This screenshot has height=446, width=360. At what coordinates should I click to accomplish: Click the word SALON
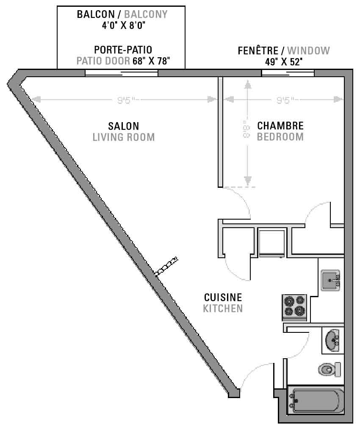pyautogui.click(x=124, y=126)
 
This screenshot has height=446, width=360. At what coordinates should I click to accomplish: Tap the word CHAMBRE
pyautogui.click(x=280, y=126)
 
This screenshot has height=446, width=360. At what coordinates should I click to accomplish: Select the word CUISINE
pyautogui.click(x=223, y=298)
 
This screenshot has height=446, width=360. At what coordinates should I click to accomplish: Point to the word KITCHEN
pyautogui.click(x=223, y=308)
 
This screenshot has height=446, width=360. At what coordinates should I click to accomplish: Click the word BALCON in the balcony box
pyautogui.click(x=96, y=14)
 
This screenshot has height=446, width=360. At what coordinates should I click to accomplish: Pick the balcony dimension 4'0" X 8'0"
pyautogui.click(x=124, y=25)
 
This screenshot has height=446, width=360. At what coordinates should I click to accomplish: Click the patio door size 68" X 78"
pyautogui.click(x=151, y=61)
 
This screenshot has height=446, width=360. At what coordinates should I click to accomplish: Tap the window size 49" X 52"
pyautogui.click(x=284, y=61)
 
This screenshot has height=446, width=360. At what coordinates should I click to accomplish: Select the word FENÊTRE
pyautogui.click(x=258, y=50)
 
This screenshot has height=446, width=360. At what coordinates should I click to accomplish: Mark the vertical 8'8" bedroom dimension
pyautogui.click(x=246, y=129)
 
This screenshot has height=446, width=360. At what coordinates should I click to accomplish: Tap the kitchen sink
pyautogui.click(x=330, y=280)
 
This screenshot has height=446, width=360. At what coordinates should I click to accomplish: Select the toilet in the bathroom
pyautogui.click(x=330, y=369)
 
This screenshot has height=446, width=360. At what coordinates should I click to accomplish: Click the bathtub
pyautogui.click(x=316, y=400)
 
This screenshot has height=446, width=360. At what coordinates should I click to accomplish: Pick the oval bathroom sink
pyautogui.click(x=332, y=340)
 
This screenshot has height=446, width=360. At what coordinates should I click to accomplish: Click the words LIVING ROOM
pyautogui.click(x=124, y=137)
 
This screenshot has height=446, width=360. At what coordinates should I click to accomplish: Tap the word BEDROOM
pyautogui.click(x=280, y=137)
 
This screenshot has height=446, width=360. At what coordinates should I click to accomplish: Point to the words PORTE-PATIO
pyautogui.click(x=123, y=50)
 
